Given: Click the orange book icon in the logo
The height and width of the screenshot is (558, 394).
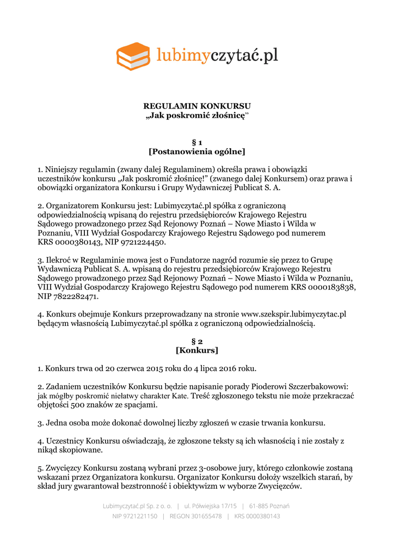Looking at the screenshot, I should pyautogui.click(x=133, y=56).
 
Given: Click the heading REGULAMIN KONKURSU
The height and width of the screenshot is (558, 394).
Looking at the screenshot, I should pyautogui.click(x=196, y=106).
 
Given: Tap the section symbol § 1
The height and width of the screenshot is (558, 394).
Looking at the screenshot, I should pyautogui.click(x=196, y=142).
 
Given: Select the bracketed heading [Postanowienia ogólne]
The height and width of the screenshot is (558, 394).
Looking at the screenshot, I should pyautogui.click(x=196, y=151).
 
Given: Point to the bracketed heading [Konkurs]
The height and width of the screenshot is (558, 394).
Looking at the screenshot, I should pyautogui.click(x=196, y=350).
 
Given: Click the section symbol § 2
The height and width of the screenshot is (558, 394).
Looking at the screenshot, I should pyautogui.click(x=196, y=341).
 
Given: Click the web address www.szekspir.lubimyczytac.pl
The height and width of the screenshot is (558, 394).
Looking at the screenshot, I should pyautogui.click(x=294, y=314).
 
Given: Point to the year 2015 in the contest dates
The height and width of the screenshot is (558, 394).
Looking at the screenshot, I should pyautogui.click(x=157, y=368).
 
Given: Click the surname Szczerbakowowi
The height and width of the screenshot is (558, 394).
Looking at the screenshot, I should pyautogui.click(x=317, y=386).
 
